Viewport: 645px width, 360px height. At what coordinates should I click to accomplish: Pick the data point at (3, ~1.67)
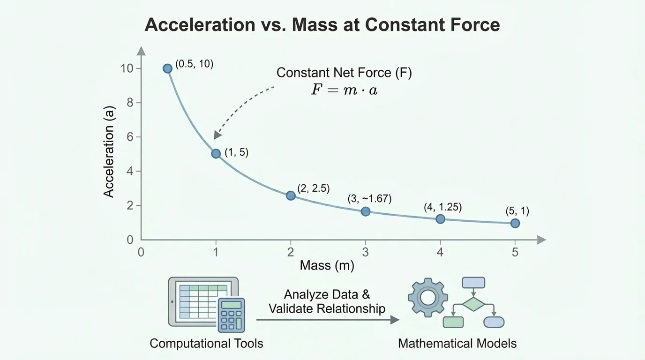[x=366, y=211]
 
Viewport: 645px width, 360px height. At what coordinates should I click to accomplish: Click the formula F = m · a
[x=344, y=90]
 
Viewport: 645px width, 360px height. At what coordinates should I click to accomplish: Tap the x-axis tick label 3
[x=365, y=252]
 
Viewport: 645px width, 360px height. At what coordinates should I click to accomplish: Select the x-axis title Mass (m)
[x=327, y=266]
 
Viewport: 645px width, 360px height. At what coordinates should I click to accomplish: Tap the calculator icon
[x=232, y=315]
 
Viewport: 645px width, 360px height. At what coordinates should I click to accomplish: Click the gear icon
[x=427, y=297]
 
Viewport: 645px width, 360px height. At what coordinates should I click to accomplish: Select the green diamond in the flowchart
[x=473, y=304]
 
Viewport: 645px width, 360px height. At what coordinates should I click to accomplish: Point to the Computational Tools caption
[x=206, y=343]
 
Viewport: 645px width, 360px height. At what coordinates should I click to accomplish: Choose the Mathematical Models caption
[x=457, y=343]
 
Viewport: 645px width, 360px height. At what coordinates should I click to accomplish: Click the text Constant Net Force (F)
[x=344, y=73]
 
